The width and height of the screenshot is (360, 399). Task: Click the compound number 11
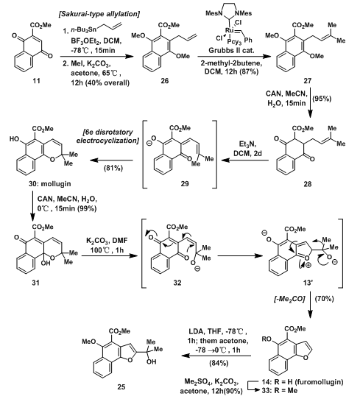(36, 81)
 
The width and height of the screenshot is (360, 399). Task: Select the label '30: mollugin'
(49, 184)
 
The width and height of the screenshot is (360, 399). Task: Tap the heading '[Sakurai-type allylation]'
(99, 14)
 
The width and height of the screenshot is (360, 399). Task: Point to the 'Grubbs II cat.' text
(231, 50)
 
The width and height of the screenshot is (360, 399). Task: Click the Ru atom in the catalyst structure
(230, 30)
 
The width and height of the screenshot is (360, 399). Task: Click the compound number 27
(307, 81)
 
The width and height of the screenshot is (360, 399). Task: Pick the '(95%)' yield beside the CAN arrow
(322, 99)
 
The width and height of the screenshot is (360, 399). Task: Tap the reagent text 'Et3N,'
(247, 144)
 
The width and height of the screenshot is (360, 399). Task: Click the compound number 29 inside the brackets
(185, 184)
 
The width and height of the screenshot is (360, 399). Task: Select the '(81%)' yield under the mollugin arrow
(113, 168)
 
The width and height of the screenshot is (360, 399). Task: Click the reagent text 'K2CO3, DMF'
(107, 241)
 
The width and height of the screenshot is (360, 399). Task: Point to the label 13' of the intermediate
(307, 283)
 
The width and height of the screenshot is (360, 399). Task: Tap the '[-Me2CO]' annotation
(289, 299)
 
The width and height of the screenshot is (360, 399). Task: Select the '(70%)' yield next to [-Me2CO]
(325, 298)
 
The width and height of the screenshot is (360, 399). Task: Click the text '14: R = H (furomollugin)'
(303, 381)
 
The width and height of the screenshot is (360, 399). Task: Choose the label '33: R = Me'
(279, 390)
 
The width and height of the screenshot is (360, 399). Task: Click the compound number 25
(121, 386)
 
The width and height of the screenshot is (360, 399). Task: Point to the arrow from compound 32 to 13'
(239, 255)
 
